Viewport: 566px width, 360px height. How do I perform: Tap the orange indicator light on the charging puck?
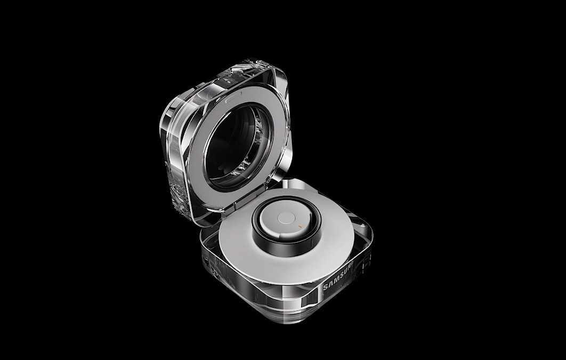tap(300, 226)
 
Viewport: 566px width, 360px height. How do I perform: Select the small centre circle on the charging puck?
tap(287, 218)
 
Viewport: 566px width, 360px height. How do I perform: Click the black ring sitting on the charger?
tap(287, 226)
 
